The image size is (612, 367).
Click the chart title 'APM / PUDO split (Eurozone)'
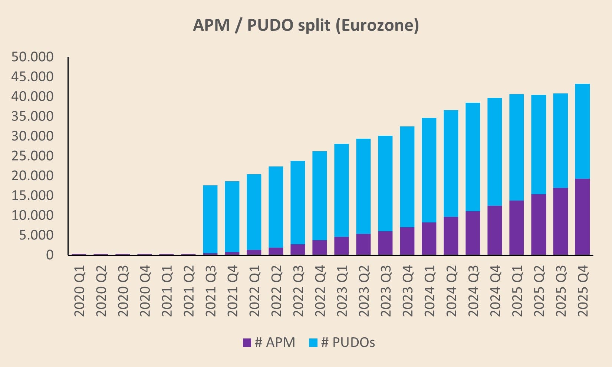(x=306, y=25)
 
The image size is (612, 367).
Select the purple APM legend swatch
(x=247, y=343)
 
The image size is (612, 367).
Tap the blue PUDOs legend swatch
(x=313, y=343)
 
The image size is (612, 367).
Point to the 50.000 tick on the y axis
(x=32, y=57)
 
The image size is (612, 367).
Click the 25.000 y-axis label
(x=32, y=156)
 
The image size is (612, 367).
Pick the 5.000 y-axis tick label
(x=36, y=235)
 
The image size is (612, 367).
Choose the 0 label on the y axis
(x=50, y=255)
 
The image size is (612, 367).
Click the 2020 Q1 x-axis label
(x=79, y=291)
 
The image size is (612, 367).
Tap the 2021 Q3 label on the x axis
(x=211, y=291)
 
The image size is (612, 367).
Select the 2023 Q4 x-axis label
(x=408, y=291)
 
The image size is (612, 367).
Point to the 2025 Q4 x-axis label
(x=582, y=291)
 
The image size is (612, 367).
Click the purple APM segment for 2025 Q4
(x=582, y=217)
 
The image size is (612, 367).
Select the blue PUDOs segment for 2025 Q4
(x=582, y=131)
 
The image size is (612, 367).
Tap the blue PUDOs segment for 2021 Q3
(x=210, y=219)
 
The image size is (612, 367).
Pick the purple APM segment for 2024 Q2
(x=451, y=236)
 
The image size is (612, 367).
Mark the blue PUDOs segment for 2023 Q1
(x=342, y=190)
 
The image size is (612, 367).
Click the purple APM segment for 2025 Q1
(x=517, y=228)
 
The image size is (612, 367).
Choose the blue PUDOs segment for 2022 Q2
(x=276, y=207)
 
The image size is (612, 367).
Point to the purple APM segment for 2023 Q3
(x=385, y=243)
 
